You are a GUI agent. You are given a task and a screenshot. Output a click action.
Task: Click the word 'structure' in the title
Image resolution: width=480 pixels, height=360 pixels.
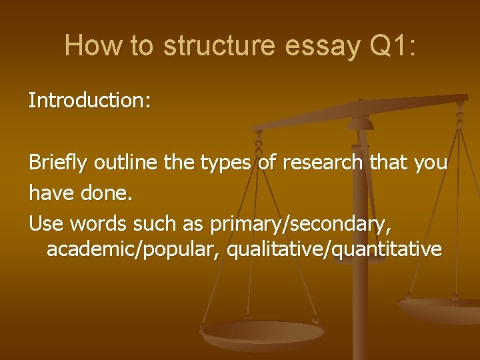point(218,45)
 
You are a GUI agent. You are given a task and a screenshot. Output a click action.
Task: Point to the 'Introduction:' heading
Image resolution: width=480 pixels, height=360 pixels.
point(89,101)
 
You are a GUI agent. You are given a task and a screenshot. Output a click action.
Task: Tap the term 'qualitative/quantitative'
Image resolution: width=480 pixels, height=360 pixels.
point(334,250)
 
